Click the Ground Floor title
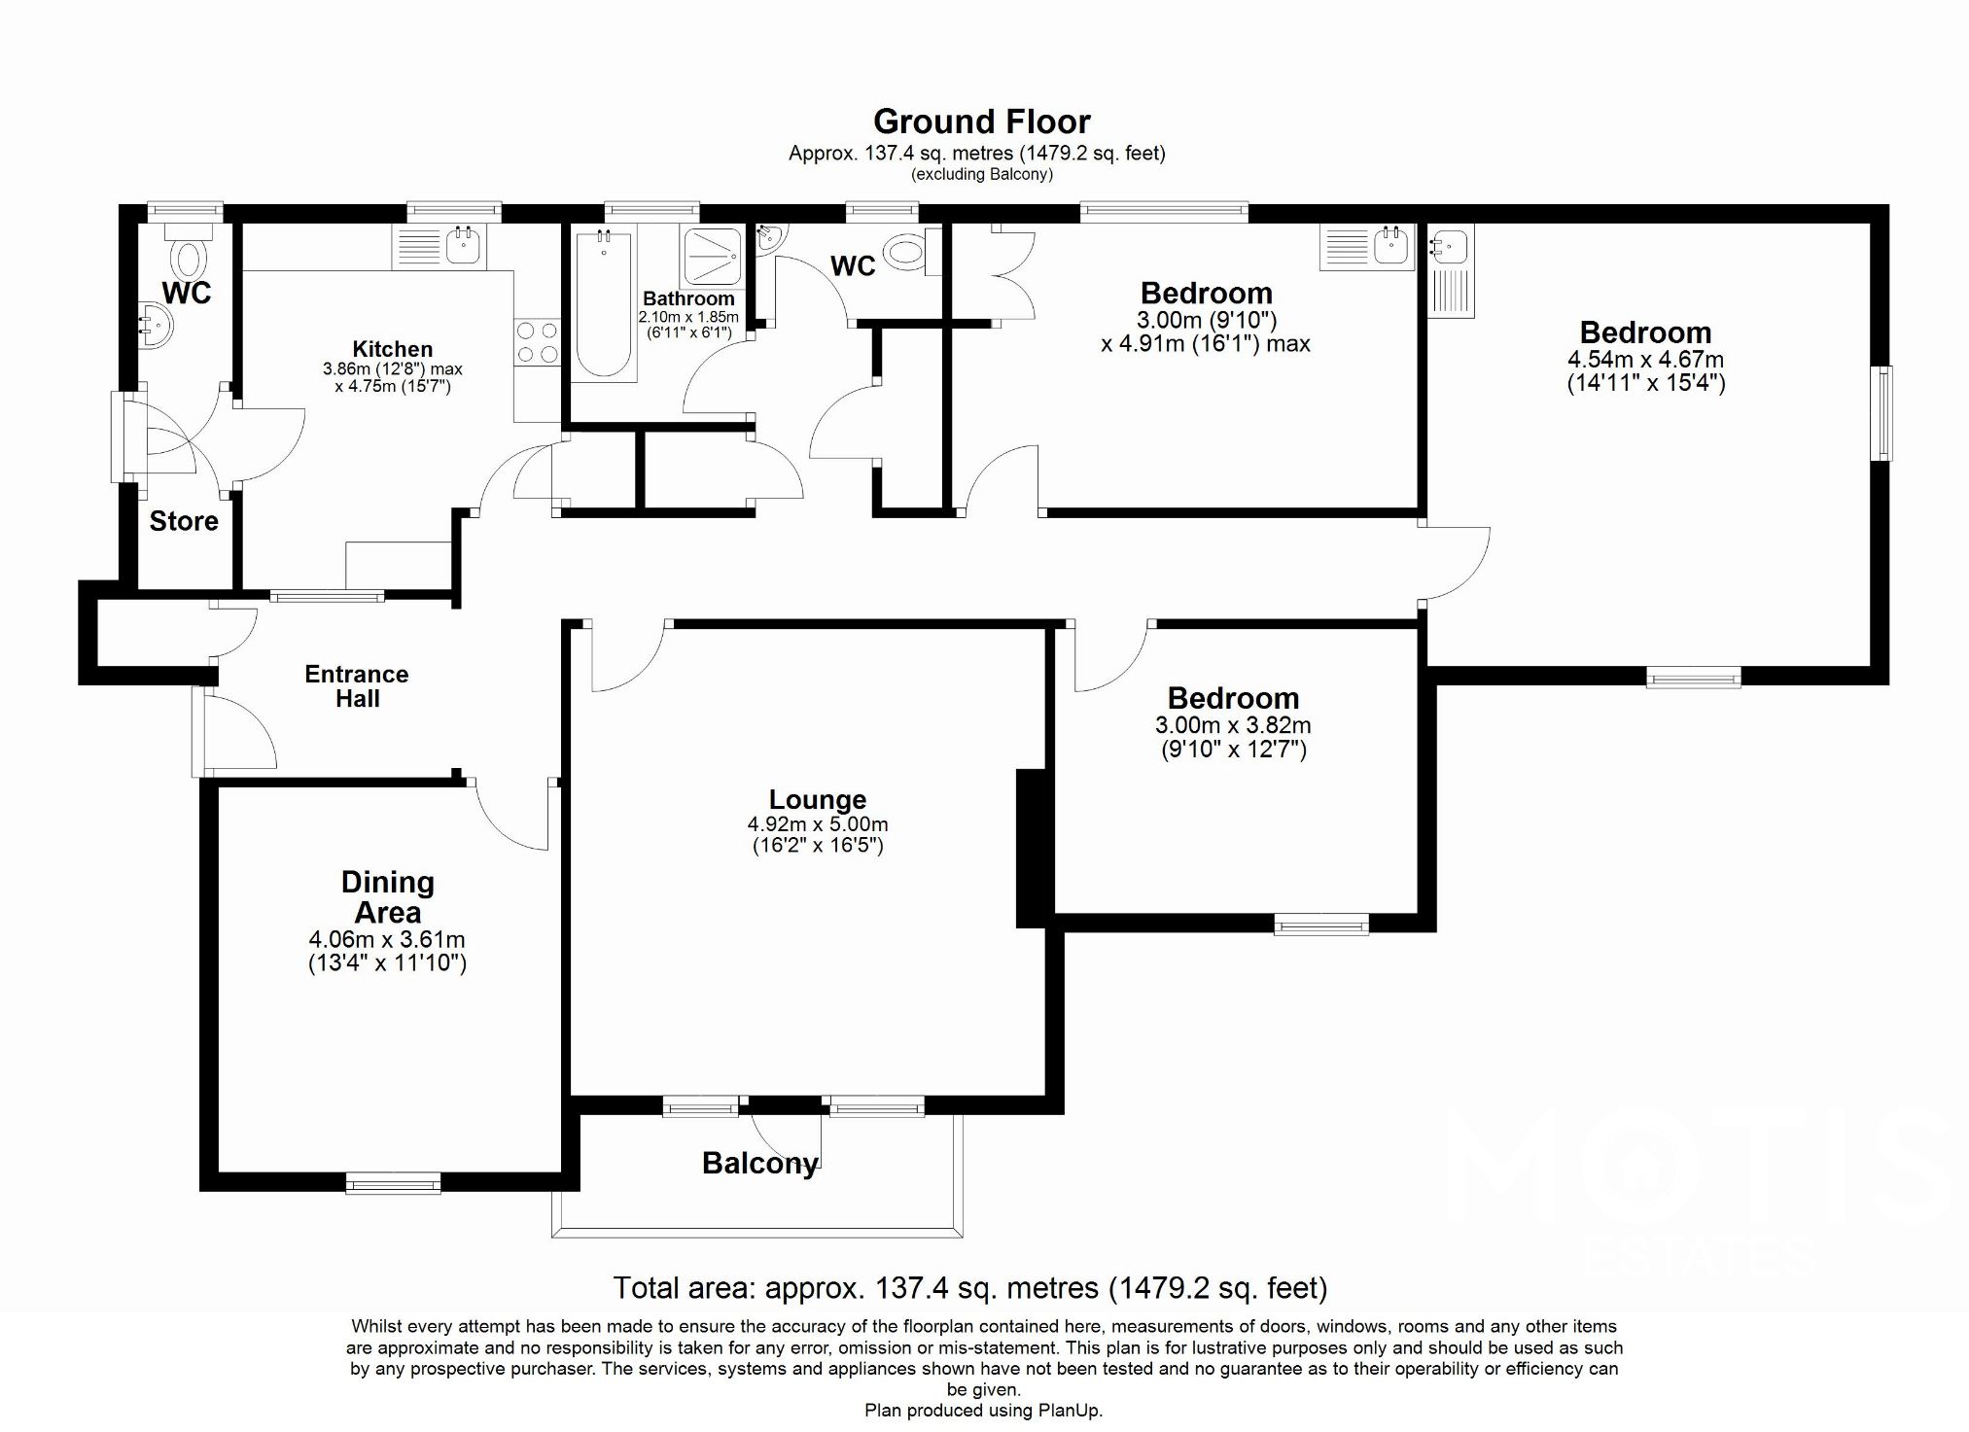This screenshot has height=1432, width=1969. [981, 122]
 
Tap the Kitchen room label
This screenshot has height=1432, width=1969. [392, 349]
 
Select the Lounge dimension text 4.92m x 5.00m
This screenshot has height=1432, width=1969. [817, 824]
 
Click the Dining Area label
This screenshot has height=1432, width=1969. [387, 897]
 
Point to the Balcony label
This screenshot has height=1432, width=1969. [759, 1163]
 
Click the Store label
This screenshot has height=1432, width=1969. [184, 521]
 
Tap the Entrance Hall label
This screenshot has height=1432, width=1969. [357, 686]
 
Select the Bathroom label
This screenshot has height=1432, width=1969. [688, 298]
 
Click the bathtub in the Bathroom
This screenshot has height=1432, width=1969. [604, 303]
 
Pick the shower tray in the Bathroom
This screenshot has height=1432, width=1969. [713, 255]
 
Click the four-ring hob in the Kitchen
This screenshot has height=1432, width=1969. [538, 342]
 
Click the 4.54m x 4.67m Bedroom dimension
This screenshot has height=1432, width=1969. [1645, 360]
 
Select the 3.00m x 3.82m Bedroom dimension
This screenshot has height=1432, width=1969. [1233, 725]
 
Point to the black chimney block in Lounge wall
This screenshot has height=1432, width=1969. [1030, 848]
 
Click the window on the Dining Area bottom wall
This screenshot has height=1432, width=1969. [393, 1182]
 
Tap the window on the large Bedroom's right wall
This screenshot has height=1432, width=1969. [1883, 412]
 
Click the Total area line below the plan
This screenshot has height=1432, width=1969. [969, 1288]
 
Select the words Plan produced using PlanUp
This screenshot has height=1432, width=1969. [983, 1411]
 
